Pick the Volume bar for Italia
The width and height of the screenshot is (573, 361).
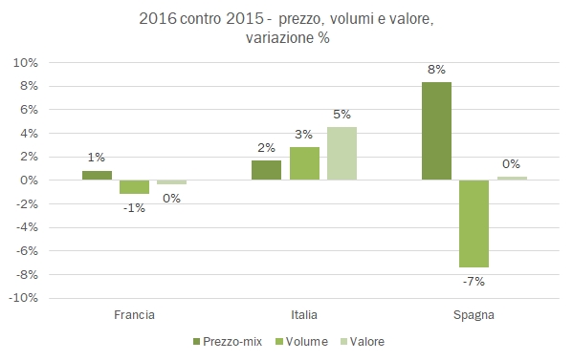pos(304,163)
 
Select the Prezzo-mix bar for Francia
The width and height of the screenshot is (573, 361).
pos(97,176)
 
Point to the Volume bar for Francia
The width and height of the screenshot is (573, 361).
pos(134,187)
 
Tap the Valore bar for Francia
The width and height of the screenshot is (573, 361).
pos(171,182)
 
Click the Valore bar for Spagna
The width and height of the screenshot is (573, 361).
pos(512,178)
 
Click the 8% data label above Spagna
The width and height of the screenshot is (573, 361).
pos(436,69)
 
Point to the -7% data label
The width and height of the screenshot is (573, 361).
pos(474,281)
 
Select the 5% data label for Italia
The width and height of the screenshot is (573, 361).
pos(342,115)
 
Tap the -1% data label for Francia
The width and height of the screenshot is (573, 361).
pos(134,207)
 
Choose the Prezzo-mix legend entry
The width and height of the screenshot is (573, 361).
pos(226,341)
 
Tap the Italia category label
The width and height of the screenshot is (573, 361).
pos(304,314)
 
